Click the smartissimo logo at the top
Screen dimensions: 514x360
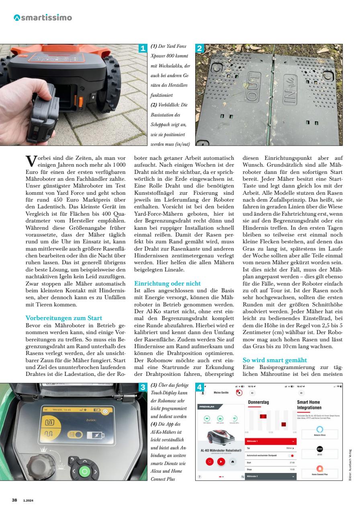pos(43,18)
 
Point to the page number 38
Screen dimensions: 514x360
pos(14,500)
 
